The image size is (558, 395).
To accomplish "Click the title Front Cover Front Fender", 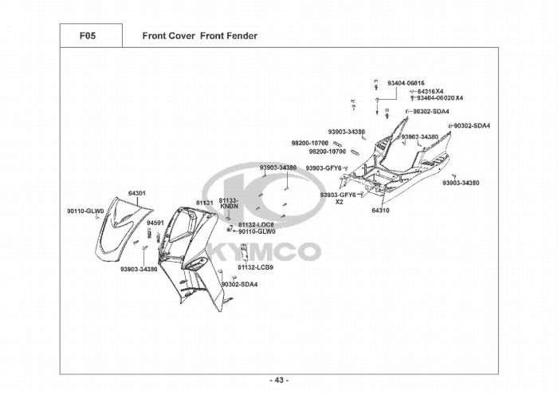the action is coord(199,36).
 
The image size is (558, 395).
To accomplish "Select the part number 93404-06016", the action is coord(406,83).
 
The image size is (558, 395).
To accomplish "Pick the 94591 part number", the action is coord(155,223).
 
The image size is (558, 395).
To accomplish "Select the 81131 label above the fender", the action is coord(204,203).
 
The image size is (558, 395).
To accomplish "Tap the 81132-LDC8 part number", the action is coord(256,224).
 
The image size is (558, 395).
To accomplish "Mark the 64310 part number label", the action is coord(380,211).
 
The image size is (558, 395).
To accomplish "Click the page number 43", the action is coord(279,379).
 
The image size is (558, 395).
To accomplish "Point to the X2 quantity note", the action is coord(339,201).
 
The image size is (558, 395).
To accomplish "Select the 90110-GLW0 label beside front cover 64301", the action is coord(85,211).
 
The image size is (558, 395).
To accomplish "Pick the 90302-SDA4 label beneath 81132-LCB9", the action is coord(239,284).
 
